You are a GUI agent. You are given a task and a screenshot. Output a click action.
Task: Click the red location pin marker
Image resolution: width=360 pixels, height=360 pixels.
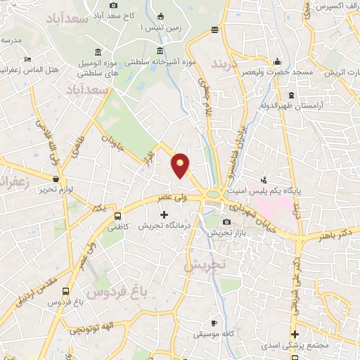point(181,165)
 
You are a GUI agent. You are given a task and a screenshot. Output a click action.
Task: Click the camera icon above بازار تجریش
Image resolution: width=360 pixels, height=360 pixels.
point(225,222)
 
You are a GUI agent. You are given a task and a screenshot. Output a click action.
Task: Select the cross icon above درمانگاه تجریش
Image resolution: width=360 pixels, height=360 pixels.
point(165,215)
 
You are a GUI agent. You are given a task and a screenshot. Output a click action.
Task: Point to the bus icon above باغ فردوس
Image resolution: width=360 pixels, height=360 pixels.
point(65,291)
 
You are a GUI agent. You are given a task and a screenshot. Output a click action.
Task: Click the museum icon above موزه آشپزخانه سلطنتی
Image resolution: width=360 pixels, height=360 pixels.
point(161,51)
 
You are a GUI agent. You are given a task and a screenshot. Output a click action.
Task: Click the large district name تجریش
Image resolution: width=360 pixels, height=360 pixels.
point(204,265)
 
